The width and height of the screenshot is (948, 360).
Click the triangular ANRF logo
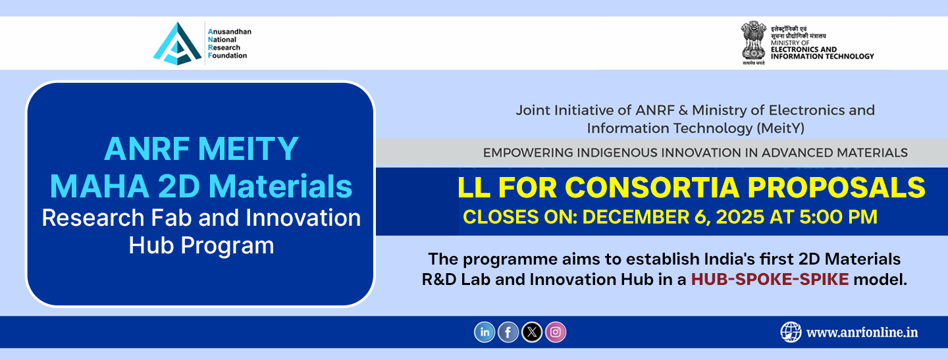click(x=177, y=43)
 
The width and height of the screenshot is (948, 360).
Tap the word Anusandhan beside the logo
click(x=230, y=32)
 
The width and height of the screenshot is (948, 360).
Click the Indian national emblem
click(x=753, y=42)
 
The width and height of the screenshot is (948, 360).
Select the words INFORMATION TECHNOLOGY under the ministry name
click(x=822, y=56)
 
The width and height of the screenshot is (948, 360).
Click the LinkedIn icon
click(x=484, y=332)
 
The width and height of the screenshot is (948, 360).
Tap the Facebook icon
click(x=508, y=332)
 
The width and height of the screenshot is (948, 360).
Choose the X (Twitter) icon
click(x=531, y=332)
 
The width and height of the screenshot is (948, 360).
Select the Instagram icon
click(x=555, y=332)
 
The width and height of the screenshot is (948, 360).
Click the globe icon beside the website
click(x=791, y=332)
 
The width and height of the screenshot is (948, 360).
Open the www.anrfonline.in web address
click(x=862, y=332)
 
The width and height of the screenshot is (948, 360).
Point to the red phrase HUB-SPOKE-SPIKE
click(x=770, y=279)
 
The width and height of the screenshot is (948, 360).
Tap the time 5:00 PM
click(x=838, y=217)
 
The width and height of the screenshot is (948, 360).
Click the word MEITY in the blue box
click(x=248, y=149)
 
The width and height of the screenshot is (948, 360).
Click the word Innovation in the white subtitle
click(x=303, y=218)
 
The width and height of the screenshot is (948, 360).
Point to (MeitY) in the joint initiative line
click(x=780, y=128)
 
